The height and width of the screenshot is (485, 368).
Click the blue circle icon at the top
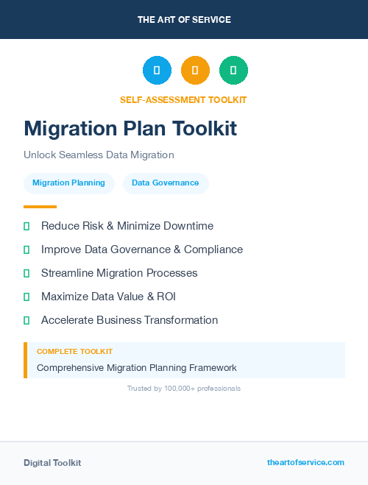click(157, 71)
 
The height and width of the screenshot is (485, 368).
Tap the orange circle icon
click(195, 71)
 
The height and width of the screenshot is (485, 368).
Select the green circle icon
click(233, 71)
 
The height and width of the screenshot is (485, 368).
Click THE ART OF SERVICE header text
click(184, 20)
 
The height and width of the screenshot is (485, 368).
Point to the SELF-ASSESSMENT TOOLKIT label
click(183, 99)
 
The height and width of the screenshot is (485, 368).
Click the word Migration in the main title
click(66, 129)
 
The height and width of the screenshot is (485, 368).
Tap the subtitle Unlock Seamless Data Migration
click(99, 155)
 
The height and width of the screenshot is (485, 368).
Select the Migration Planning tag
click(68, 183)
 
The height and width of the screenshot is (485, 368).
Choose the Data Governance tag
click(166, 183)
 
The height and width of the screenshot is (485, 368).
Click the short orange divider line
click(40, 207)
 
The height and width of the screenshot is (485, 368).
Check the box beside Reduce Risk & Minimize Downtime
click(26, 226)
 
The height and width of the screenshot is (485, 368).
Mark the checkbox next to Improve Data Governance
click(26, 249)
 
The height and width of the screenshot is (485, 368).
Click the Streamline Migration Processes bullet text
click(119, 273)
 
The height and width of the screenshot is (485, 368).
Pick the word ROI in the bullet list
click(165, 297)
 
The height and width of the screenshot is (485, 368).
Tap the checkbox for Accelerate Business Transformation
click(26, 320)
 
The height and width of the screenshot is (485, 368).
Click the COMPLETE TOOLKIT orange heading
click(74, 352)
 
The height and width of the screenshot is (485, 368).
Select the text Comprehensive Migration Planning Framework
click(137, 367)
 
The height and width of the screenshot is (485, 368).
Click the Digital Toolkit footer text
click(52, 463)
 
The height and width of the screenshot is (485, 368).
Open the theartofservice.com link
click(305, 462)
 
